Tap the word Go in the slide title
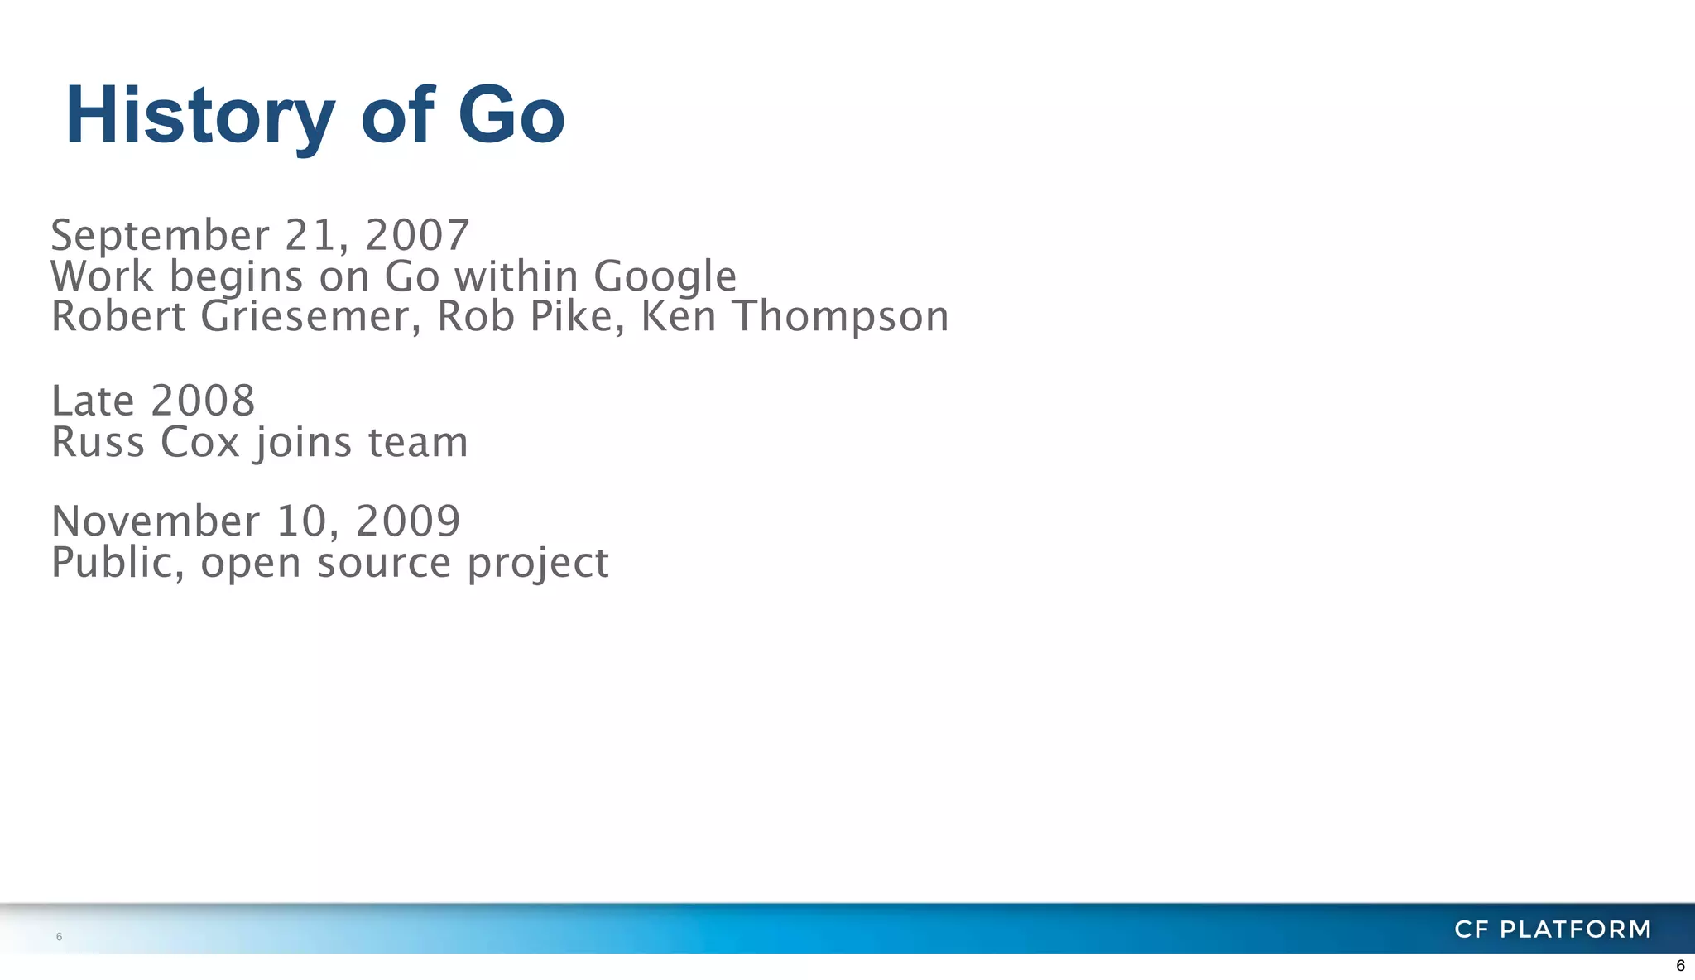[511, 116]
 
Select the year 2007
[417, 235]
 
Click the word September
[160, 235]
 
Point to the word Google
[665, 276]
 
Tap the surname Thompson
[841, 318]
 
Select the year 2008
[204, 401]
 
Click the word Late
[93, 401]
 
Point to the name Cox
[199, 442]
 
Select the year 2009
[408, 521]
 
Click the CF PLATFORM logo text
[1553, 930]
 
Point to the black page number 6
[1680, 966]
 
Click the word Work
[102, 276]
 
